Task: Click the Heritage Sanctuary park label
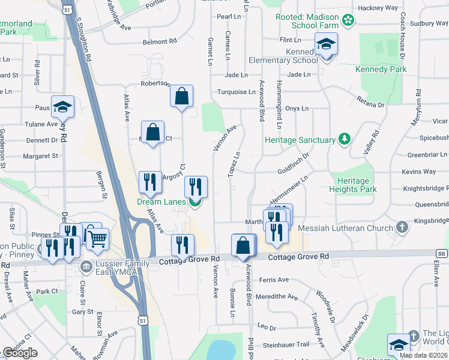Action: pyautogui.click(x=300, y=140)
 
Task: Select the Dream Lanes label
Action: pyautogui.click(x=161, y=202)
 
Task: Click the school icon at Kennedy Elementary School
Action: pyautogui.click(x=327, y=44)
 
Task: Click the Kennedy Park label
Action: pyautogui.click(x=381, y=69)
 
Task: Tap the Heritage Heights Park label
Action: pyautogui.click(x=353, y=184)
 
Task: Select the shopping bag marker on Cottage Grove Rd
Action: pyautogui.click(x=243, y=246)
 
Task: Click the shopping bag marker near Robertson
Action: pyautogui.click(x=181, y=96)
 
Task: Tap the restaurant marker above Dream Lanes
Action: pyautogui.click(x=196, y=187)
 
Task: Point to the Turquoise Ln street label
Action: pyautogui.click(x=236, y=92)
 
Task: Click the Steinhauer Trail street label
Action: pyautogui.click(x=286, y=344)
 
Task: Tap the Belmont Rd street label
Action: pyautogui.click(x=160, y=42)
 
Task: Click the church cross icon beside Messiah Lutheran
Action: pyautogui.click(x=402, y=227)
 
